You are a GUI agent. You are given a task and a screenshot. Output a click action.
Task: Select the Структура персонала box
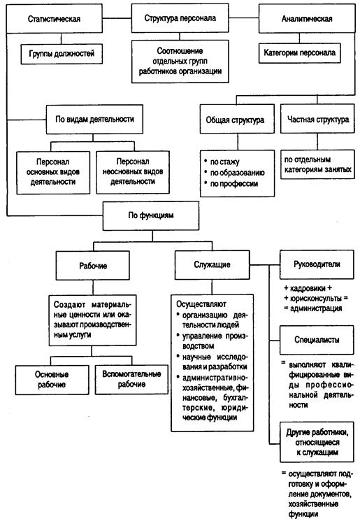tap(180, 20)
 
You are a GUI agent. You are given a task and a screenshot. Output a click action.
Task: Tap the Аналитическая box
tap(301, 20)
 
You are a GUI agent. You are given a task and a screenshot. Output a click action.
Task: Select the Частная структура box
tap(317, 120)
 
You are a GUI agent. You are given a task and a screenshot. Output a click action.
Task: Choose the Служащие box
tap(211, 266)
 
